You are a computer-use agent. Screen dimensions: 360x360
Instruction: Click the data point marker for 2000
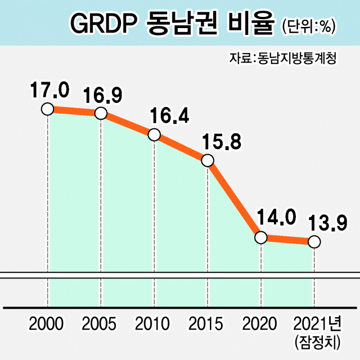coord(47,109)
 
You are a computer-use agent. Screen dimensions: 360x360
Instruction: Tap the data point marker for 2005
coord(101,113)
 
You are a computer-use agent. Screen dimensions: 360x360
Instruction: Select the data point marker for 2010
coord(155,135)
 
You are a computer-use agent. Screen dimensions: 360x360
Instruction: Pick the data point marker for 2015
coord(208,161)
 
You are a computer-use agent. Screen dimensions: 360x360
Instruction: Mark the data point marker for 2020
coord(261,237)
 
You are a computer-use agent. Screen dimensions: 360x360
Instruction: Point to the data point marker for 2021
coord(314,242)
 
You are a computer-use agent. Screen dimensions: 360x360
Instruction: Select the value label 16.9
coord(103,94)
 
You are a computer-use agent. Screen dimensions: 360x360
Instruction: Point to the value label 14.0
coord(276,218)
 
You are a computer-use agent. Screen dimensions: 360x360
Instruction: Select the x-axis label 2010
coord(153,325)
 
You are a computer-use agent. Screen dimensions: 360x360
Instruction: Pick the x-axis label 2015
coord(206,325)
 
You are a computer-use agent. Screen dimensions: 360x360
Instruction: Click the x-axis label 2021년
coord(318,325)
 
